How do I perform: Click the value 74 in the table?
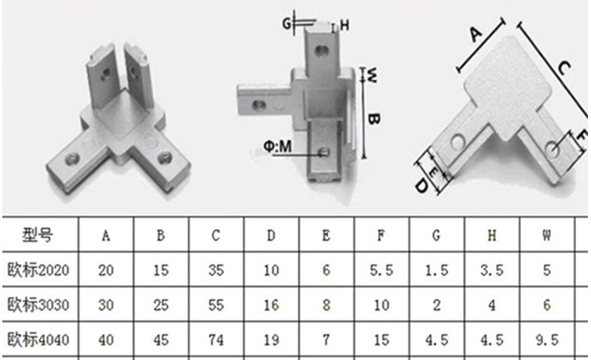pos(215,340)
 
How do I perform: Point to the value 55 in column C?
pos(215,305)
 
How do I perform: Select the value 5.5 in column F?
pos(381,270)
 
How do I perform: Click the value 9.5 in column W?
pos(546,340)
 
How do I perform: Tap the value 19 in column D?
pos(270,340)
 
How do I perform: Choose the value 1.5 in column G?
pos(436,270)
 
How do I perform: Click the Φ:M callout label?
pos(279,145)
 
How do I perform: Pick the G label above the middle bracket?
pos(287,24)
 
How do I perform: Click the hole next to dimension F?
pos(554,148)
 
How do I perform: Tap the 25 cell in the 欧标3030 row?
pos(160,305)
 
